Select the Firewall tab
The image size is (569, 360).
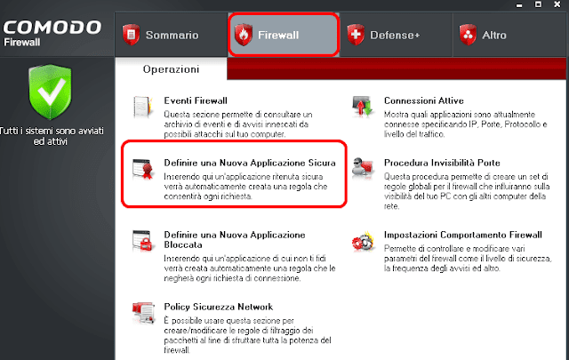coord(284,35)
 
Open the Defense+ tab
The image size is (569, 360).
coord(396,35)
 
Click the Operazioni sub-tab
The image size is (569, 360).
coord(171,69)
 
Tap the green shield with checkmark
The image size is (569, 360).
coord(50,92)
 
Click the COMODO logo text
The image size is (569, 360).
coord(52,28)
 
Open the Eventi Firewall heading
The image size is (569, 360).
coord(196,100)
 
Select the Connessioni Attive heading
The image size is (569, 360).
coord(424,100)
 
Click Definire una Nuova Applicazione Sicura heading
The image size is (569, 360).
coord(250,163)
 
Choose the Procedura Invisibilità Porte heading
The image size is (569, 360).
coord(442,163)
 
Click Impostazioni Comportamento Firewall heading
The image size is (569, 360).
coord(463,235)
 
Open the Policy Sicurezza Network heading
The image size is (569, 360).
coord(219,307)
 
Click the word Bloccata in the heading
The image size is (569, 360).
coord(183,244)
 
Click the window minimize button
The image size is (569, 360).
coord(519,5)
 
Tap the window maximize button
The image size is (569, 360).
coord(538,4)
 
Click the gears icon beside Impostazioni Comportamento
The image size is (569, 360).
coord(363,241)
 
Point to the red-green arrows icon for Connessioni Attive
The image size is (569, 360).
coord(363,107)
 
